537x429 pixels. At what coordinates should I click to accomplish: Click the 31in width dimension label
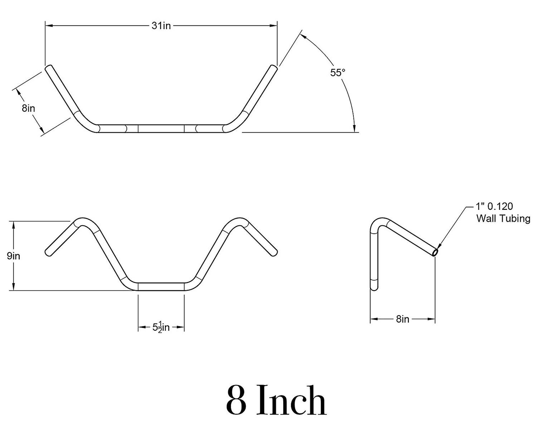[x=161, y=26]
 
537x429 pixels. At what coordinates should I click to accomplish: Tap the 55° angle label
[x=338, y=73]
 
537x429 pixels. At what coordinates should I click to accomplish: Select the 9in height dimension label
[x=13, y=256]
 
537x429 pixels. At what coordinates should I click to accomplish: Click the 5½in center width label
[x=161, y=327]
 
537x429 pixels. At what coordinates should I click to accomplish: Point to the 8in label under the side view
[x=402, y=319]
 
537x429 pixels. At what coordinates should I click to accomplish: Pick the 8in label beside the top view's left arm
[x=28, y=108]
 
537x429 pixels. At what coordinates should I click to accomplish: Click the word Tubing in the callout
[x=516, y=219]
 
